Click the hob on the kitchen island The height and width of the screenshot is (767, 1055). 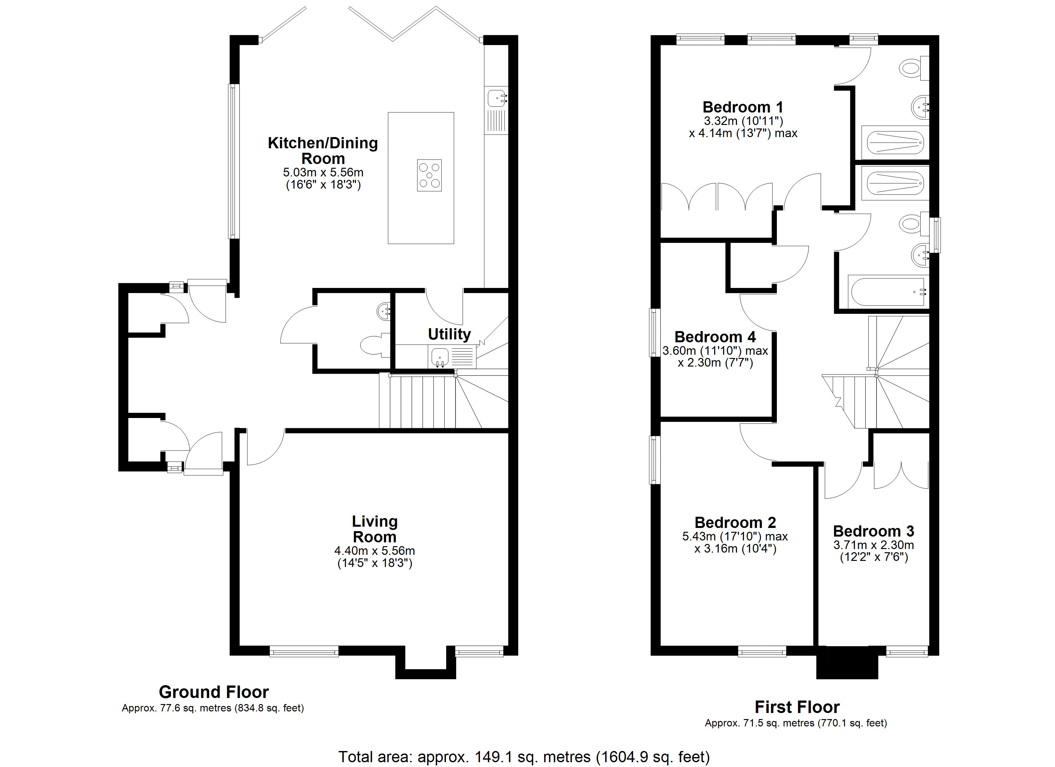click(x=429, y=175)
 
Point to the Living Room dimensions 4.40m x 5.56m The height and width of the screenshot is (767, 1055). click(x=374, y=551)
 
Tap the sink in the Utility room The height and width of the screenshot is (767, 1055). click(x=440, y=357)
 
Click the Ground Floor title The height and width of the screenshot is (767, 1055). click(x=214, y=692)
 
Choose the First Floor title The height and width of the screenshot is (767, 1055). click(x=797, y=707)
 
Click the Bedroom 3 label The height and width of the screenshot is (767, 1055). click(x=873, y=531)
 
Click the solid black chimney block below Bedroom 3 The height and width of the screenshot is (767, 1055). click(x=847, y=662)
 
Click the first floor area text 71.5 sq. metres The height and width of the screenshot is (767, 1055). click(x=795, y=723)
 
